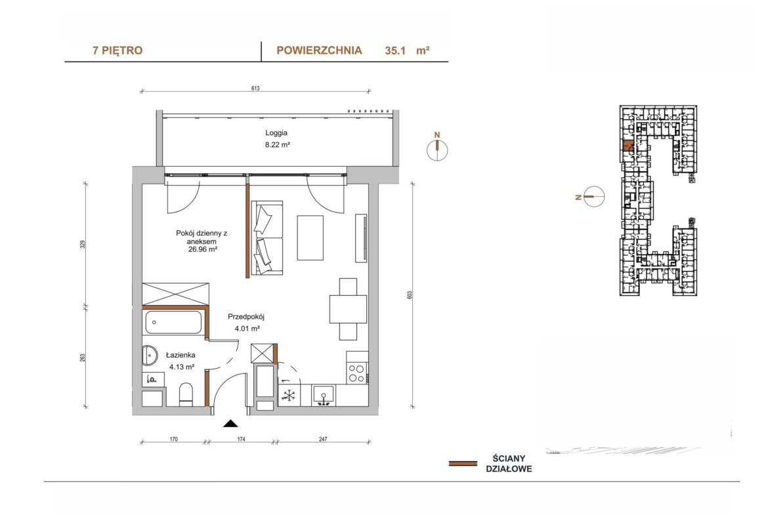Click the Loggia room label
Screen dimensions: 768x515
276,133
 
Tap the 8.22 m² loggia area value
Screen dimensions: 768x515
277,144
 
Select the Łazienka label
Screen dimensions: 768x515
181,356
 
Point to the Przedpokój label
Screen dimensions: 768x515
246,317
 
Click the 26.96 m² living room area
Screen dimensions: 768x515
203,249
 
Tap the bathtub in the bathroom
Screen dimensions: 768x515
173,323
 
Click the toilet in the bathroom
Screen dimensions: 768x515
186,394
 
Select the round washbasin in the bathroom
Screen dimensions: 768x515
150,356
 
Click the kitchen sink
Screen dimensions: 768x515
323,396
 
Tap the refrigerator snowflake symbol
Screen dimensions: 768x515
288,395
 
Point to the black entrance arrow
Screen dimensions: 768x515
230,423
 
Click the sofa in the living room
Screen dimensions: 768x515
267,237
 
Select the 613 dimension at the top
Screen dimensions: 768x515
255,89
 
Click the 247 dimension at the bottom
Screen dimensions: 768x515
323,439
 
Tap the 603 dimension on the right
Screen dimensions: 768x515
410,295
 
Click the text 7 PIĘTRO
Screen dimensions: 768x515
117,51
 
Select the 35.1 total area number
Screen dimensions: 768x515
395,51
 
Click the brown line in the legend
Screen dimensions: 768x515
463,463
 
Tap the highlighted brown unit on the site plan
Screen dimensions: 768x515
628,146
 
